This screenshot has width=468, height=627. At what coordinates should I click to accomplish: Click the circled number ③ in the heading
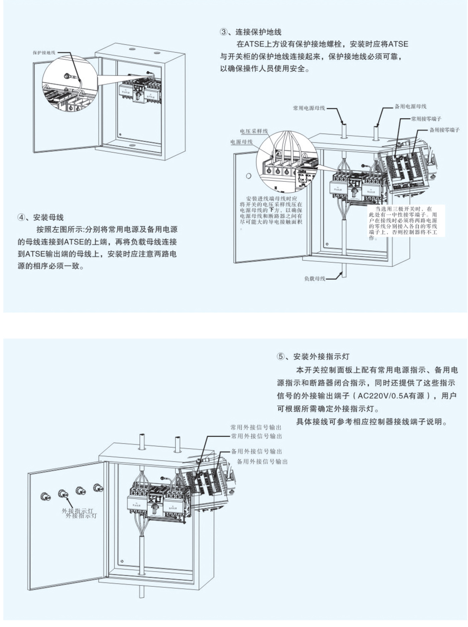point(223,32)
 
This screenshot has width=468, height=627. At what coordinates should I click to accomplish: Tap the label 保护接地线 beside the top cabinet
point(44,53)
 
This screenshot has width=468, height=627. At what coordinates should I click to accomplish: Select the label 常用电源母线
point(309,108)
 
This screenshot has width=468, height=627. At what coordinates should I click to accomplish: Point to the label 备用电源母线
point(411,107)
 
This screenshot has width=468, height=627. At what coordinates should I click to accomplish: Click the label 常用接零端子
point(426,119)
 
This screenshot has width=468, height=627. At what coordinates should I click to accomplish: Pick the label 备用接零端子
point(444,130)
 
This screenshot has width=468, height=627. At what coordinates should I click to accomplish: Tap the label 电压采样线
point(254,131)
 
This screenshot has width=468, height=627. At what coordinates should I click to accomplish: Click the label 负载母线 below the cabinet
point(315,279)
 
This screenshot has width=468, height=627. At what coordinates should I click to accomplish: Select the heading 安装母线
point(48,218)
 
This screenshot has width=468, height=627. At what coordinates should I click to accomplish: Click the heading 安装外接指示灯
point(321,356)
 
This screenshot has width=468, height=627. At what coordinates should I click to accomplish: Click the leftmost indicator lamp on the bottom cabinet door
point(45,496)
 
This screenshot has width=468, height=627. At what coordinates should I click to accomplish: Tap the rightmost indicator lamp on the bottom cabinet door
point(98,488)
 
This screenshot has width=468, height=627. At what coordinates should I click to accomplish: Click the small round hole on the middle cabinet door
point(248,176)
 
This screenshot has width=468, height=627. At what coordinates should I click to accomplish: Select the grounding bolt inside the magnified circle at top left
point(67,76)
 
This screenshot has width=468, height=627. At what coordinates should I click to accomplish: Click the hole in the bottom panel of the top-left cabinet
point(132,145)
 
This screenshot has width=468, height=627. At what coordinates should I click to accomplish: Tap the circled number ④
point(21,218)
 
